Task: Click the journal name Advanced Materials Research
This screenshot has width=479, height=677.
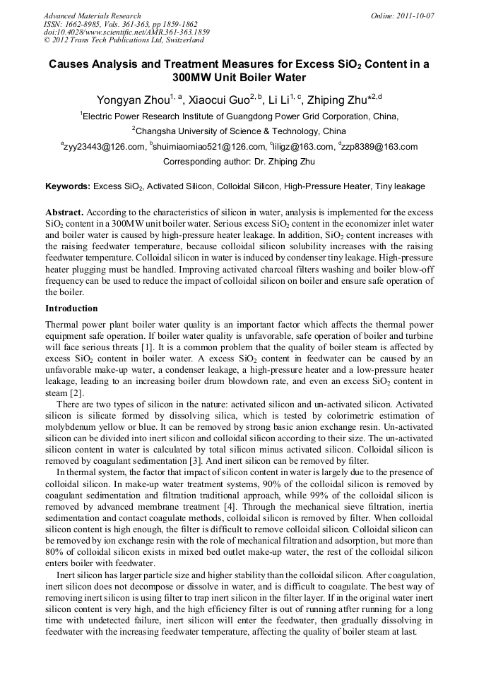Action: [92, 16]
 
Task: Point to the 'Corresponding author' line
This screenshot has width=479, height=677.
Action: [239, 162]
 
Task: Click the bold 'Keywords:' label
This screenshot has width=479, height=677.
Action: [68, 187]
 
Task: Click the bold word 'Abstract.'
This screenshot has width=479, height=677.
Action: [65, 212]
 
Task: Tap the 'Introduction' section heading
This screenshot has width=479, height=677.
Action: [71, 308]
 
